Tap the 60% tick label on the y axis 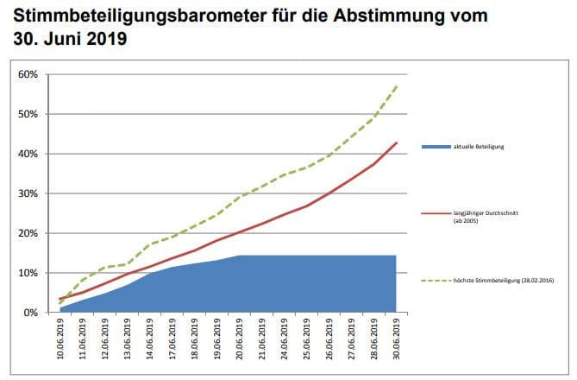coord(28,74)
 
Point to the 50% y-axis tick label coord(28,114)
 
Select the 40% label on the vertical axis coord(28,154)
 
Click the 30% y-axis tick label coord(28,193)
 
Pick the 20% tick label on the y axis coord(28,233)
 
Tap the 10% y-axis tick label coord(28,273)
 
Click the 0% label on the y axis coord(30,313)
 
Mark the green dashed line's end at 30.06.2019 coord(396,85)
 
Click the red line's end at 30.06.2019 coord(396,142)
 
